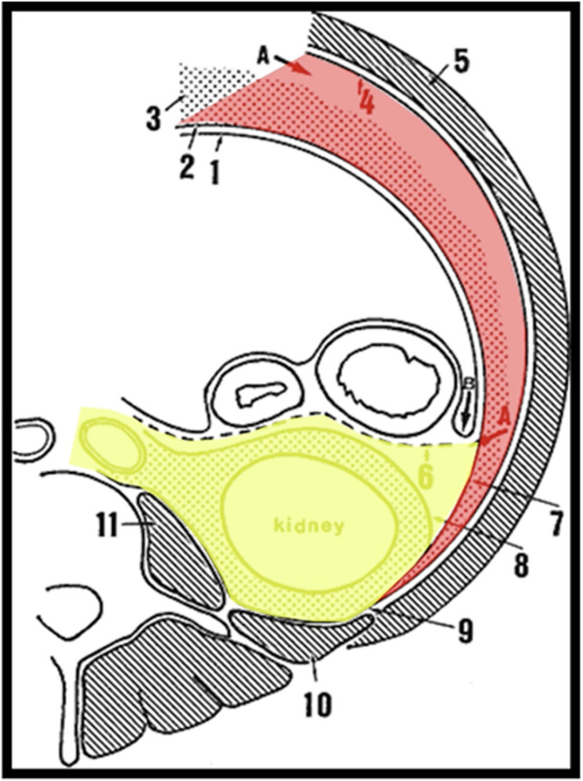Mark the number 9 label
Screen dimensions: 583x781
click(465, 632)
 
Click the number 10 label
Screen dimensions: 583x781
click(317, 704)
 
